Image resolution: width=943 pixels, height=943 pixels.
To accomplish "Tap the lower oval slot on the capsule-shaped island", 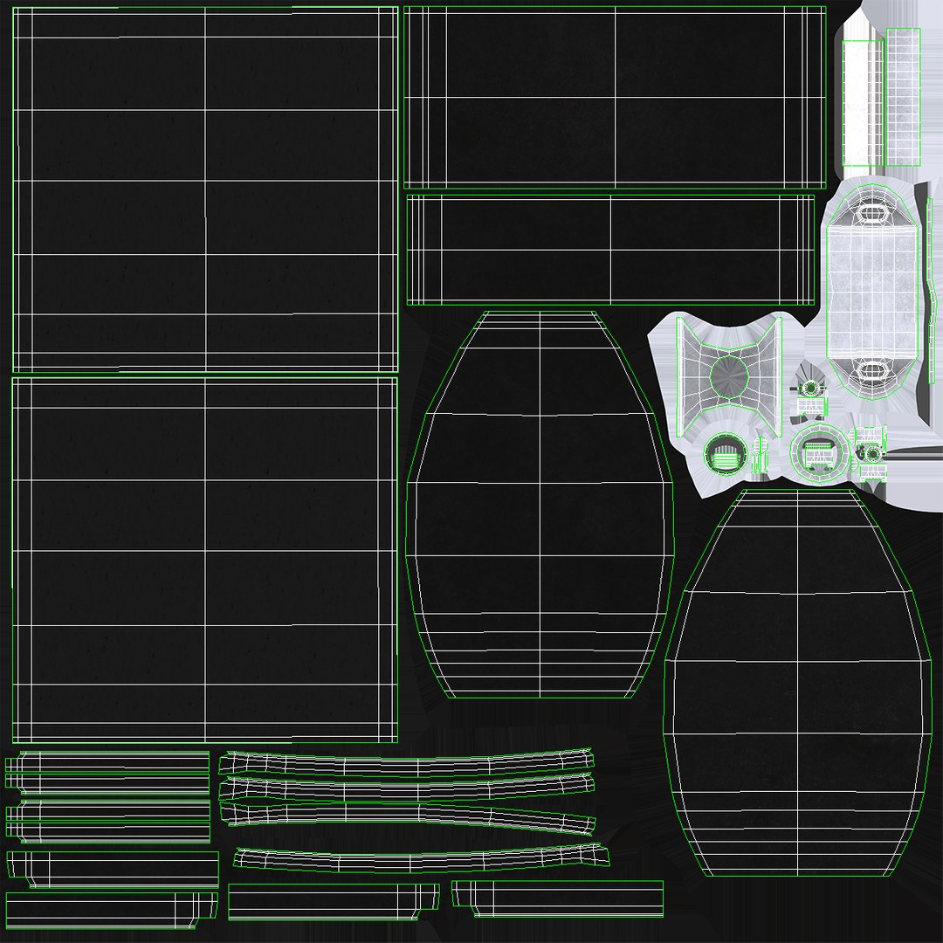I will click(871, 370).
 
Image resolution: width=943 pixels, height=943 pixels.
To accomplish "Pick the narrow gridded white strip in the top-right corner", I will click(904, 97).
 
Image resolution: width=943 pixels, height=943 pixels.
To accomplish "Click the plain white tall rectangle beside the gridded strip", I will click(862, 103).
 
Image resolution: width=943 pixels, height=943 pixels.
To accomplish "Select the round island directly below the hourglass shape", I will click(724, 454).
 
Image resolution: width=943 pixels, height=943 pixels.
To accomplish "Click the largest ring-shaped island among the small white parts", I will click(819, 452).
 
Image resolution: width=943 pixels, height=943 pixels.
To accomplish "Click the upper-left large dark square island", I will click(205, 189).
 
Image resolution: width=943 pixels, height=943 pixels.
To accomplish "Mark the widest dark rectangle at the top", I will click(615, 97).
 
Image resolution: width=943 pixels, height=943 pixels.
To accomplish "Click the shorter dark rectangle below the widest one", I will click(610, 250).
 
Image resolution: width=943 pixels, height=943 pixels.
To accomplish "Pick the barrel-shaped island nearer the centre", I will click(540, 506).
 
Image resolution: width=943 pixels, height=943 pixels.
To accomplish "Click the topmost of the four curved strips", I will click(406, 765).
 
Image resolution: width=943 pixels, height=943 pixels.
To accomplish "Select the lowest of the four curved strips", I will click(419, 858).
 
